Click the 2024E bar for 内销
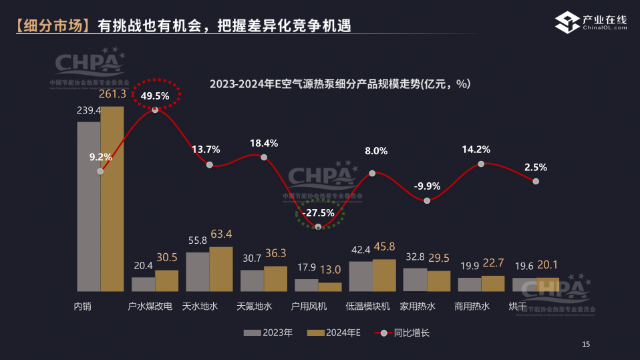click(112, 198)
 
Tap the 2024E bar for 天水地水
click(221, 269)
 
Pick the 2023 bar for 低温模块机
click(361, 277)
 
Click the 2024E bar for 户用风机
click(330, 287)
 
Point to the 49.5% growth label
click(155, 96)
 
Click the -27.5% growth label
click(318, 212)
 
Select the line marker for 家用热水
click(427, 200)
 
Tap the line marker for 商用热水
click(481, 164)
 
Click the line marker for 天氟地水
click(264, 158)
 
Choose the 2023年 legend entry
click(268, 332)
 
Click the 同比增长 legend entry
click(402, 332)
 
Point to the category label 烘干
click(517, 307)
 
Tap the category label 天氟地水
click(255, 307)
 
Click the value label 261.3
click(113, 94)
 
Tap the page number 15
click(586, 345)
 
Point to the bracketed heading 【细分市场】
click(53, 26)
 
